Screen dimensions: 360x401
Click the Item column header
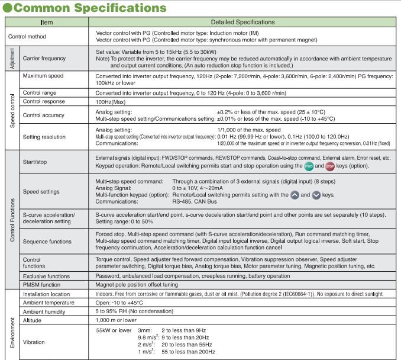pos(46,22)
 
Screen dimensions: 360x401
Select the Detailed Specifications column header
pos(242,22)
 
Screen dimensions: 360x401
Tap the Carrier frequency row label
pos(44,59)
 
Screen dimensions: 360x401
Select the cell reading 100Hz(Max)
pos(111,102)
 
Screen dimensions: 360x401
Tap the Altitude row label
pos(32,319)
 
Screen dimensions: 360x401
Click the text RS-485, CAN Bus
pos(198,201)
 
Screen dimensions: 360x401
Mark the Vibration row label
pos(34,342)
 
